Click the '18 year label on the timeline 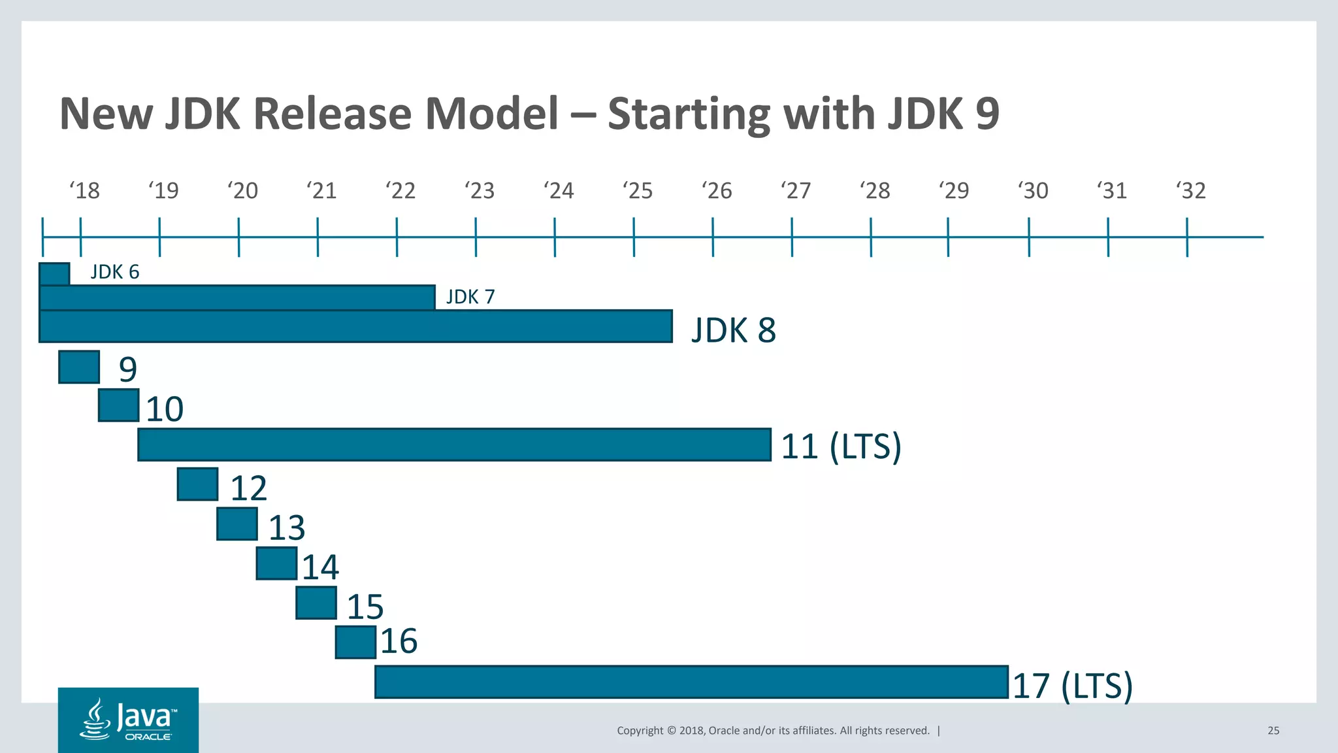85,191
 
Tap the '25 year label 638,191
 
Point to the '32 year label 1191,191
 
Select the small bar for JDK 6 54,274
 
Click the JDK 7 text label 470,297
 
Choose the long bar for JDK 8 355,326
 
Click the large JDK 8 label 734,330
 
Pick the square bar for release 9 79,367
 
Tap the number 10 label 164,409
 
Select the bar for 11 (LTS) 454,444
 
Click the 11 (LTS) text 841,446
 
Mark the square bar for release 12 197,484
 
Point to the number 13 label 287,527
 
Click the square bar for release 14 276,563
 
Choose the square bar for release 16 355,642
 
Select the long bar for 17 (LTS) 691,682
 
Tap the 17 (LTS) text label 1072,686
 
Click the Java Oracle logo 128,720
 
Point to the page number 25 1273,731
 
